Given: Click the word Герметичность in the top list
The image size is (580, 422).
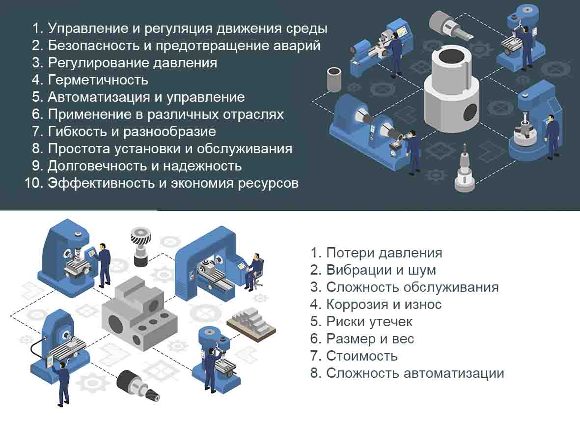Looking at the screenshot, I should (x=98, y=80).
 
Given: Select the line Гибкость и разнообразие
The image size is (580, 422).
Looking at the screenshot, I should (x=132, y=132).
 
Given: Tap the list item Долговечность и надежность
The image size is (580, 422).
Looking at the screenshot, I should (x=144, y=166).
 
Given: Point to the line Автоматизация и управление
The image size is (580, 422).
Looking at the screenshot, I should (x=146, y=97).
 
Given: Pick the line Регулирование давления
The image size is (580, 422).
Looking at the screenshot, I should (x=132, y=63).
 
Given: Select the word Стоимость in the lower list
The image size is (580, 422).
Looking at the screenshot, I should (x=361, y=356).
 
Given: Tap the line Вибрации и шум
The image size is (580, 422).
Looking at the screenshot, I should (x=381, y=270).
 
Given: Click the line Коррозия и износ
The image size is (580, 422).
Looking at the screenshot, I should (x=384, y=305).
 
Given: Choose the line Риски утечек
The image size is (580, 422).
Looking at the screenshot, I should (x=369, y=322).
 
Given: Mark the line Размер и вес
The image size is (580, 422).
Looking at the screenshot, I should (x=370, y=339).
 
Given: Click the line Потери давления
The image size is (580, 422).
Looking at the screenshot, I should (x=384, y=253).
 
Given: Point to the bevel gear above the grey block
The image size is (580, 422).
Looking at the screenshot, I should (x=141, y=239).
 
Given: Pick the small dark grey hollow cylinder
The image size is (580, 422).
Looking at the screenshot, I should (x=334, y=79).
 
